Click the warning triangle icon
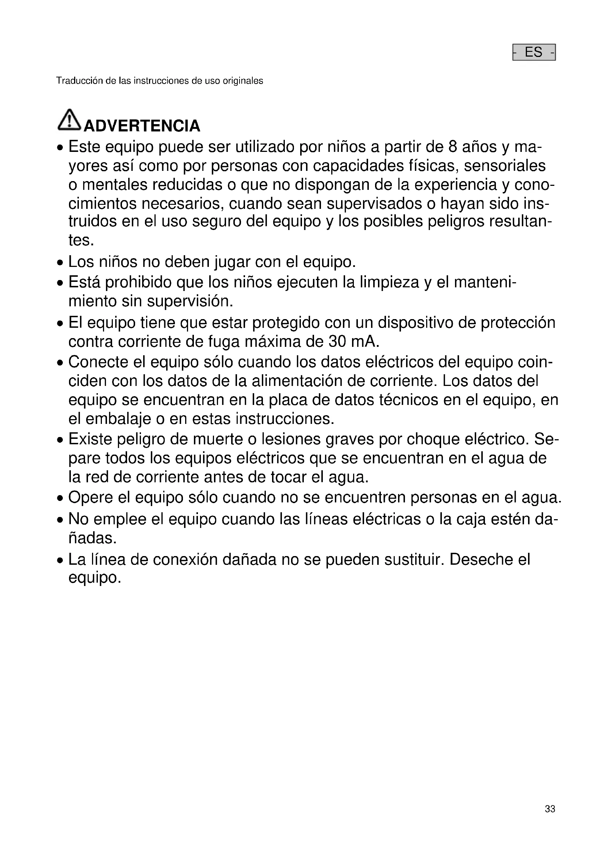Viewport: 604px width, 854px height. click(69, 120)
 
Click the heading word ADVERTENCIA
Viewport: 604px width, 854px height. click(142, 126)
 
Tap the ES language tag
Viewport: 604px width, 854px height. click(534, 52)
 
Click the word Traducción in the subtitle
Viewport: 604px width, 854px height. click(79, 81)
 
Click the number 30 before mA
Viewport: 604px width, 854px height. click(337, 341)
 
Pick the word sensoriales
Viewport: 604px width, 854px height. click(505, 166)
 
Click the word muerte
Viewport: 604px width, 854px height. click(216, 439)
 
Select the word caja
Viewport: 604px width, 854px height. click(470, 519)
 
